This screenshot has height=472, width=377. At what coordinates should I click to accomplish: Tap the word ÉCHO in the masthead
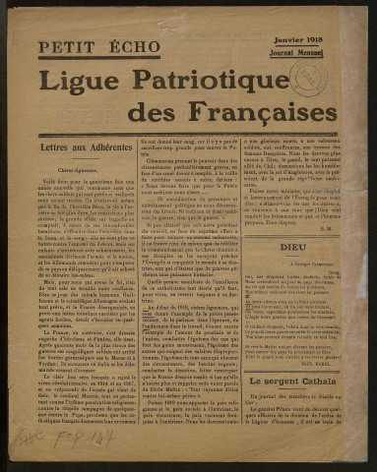pyautogui.click(x=125, y=46)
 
